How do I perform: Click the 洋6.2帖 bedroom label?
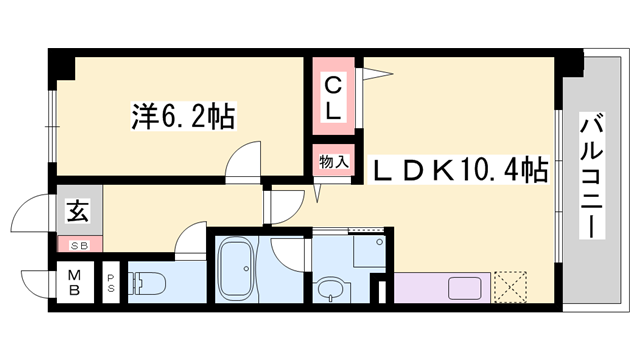click(x=183, y=117)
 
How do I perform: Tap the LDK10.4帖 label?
click(x=461, y=170)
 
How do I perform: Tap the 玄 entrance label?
click(x=75, y=211)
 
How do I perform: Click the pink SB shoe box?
click(x=76, y=244)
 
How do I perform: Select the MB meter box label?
click(x=75, y=282)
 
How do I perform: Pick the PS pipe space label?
click(x=111, y=283)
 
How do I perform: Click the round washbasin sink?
click(x=329, y=290)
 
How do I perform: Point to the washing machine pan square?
click(x=368, y=251)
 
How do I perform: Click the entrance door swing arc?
click(x=28, y=215)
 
